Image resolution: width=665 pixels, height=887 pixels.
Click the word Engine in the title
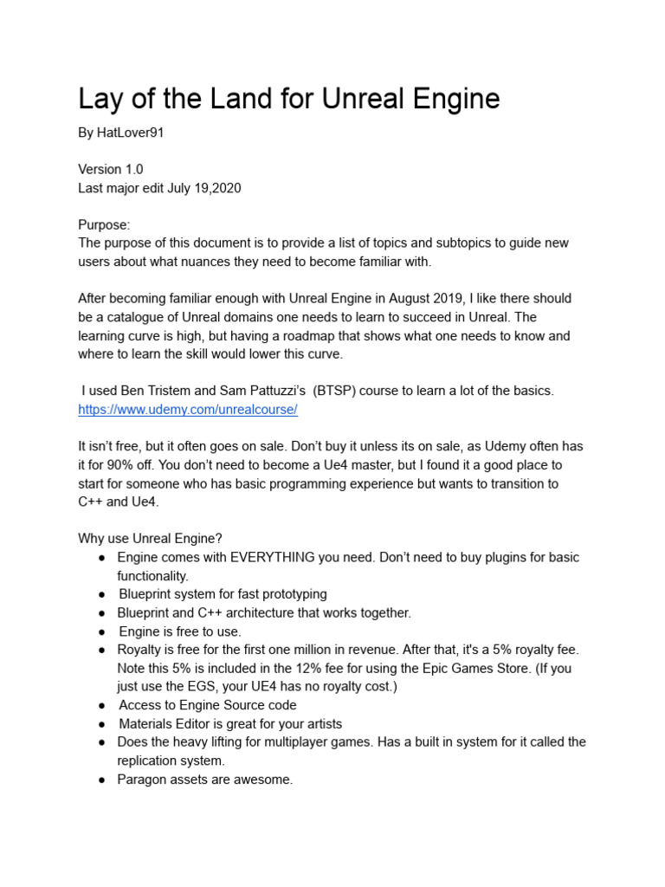pyautogui.click(x=455, y=100)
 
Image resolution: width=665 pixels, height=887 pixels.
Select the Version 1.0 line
pyautogui.click(x=111, y=170)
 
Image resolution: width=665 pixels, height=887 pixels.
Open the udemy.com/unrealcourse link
pyautogui.click(x=188, y=410)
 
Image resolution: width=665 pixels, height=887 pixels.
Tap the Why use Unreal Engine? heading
pyautogui.click(x=151, y=539)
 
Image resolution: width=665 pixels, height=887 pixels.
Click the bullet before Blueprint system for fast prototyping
pyautogui.click(x=101, y=594)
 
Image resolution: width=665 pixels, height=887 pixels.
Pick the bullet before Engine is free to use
pyautogui.click(x=101, y=631)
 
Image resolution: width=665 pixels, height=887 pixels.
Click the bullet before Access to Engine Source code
pyautogui.click(x=101, y=706)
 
